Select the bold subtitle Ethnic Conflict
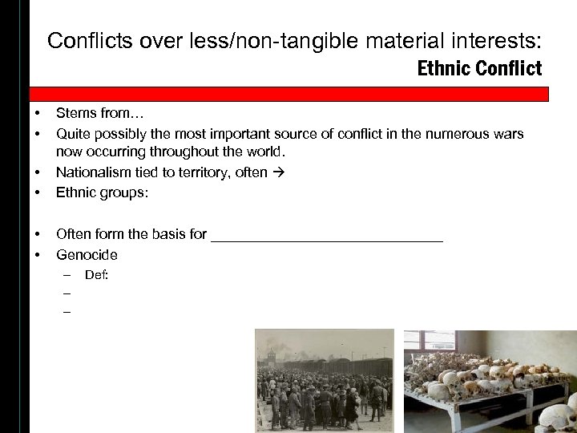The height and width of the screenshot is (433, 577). pyautogui.click(x=479, y=68)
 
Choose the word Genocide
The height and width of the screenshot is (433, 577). pyautogui.click(x=87, y=255)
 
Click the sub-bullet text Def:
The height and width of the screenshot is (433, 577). pyautogui.click(x=97, y=275)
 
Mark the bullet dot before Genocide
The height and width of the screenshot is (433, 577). pyautogui.click(x=37, y=255)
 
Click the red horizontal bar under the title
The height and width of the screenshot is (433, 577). pyautogui.click(x=288, y=95)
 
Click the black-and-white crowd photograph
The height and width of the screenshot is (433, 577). pyautogui.click(x=325, y=380)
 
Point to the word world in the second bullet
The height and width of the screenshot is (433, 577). pyautogui.click(x=267, y=151)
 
